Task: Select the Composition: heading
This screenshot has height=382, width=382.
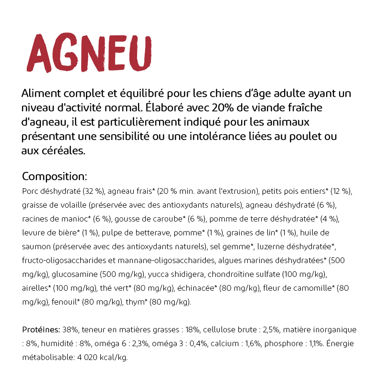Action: click(x=54, y=176)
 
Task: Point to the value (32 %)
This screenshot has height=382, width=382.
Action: click(x=94, y=191)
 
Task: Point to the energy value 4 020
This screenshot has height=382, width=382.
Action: click(x=86, y=358)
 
